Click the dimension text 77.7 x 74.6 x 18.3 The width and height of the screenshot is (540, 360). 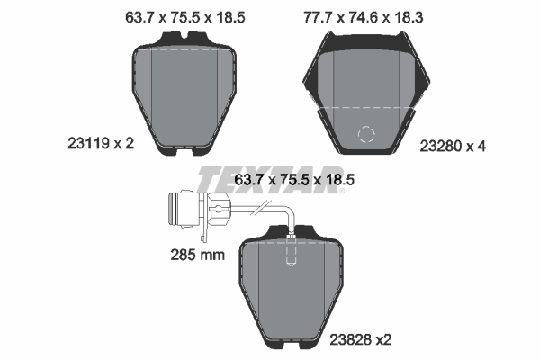pyautogui.click(x=364, y=17)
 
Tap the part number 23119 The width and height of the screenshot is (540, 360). pyautogui.click(x=88, y=143)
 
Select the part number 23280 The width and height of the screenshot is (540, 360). pyautogui.click(x=441, y=147)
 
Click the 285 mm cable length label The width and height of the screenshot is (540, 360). pyautogui.click(x=198, y=256)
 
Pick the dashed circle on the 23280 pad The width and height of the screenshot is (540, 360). pyautogui.click(x=366, y=134)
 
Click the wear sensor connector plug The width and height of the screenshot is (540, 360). pyautogui.click(x=184, y=210)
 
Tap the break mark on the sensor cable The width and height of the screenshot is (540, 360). pyautogui.click(x=261, y=208)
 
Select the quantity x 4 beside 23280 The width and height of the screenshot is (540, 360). pyautogui.click(x=476, y=147)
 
